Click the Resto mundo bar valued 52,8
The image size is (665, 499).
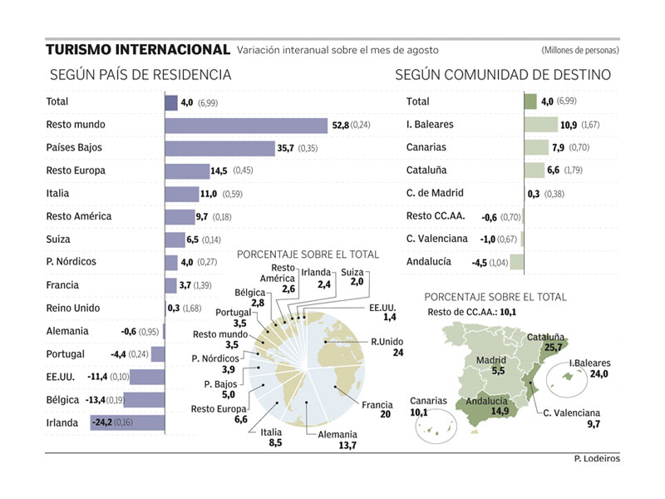pos(247,126)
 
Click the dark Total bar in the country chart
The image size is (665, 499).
pos(171,103)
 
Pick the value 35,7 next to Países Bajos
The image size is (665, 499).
pos(287,149)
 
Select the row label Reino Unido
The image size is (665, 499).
pos(75,309)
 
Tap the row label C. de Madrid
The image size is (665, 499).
pos(435,194)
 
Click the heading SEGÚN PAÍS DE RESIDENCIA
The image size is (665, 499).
pos(140,75)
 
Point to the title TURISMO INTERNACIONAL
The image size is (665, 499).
pos(138,50)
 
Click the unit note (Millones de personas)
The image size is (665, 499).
pos(579,51)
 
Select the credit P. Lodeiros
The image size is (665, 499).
pos(596,459)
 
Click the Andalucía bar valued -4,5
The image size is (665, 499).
pos(516,263)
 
